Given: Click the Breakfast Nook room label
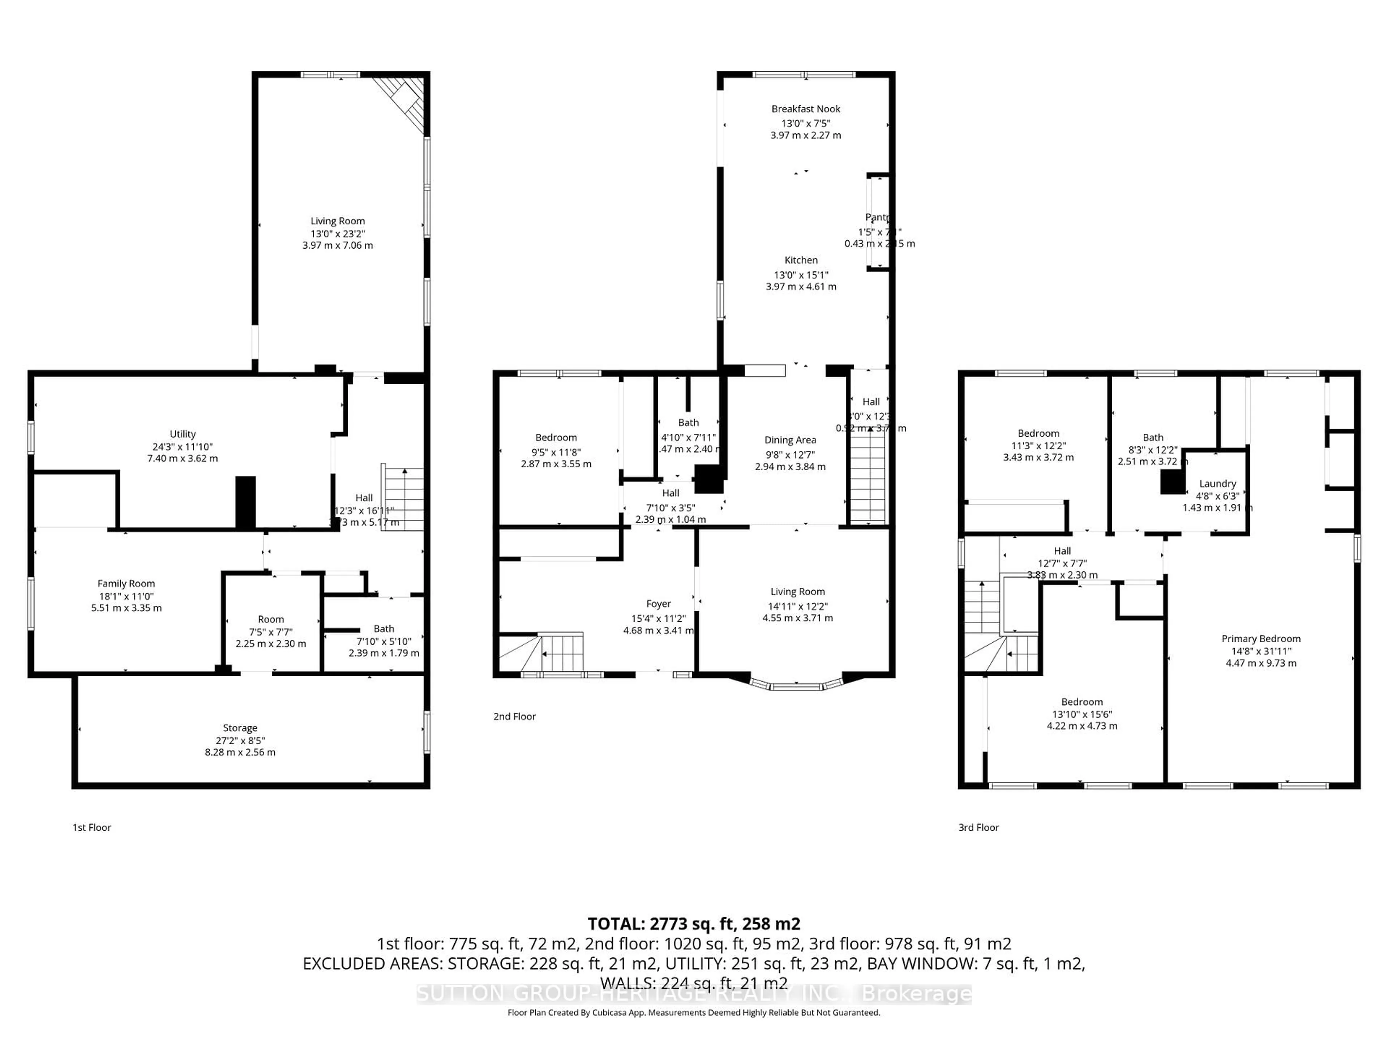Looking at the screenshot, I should point(806,108).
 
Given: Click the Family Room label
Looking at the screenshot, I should point(126,583).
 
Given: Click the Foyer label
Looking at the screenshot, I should point(658,604).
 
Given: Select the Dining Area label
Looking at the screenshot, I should point(790,440).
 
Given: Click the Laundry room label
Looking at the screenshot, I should point(1217,483).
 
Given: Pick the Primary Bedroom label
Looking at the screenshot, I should point(1261,639).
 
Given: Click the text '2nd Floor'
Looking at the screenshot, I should point(515,716).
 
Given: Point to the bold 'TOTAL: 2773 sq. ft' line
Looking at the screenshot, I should point(693,924).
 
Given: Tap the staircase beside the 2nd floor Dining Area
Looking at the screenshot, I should point(867,480).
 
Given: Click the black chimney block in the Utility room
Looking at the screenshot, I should point(245,502).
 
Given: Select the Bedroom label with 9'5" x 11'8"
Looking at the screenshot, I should point(556,437).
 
